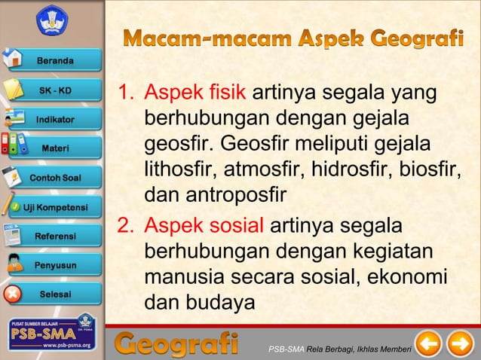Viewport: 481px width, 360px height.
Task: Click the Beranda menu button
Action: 56,60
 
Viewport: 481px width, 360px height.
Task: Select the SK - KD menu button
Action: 56,90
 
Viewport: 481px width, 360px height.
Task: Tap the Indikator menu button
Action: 56,119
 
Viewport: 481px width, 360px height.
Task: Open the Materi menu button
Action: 56,148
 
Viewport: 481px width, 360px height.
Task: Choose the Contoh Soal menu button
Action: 56,178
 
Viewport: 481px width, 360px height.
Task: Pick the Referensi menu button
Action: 56,236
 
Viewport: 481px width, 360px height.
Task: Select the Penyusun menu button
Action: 56,265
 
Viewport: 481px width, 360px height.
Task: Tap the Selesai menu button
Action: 56,294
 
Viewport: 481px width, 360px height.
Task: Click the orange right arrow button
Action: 460,346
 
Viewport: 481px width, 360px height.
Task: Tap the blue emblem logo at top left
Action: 51,21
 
